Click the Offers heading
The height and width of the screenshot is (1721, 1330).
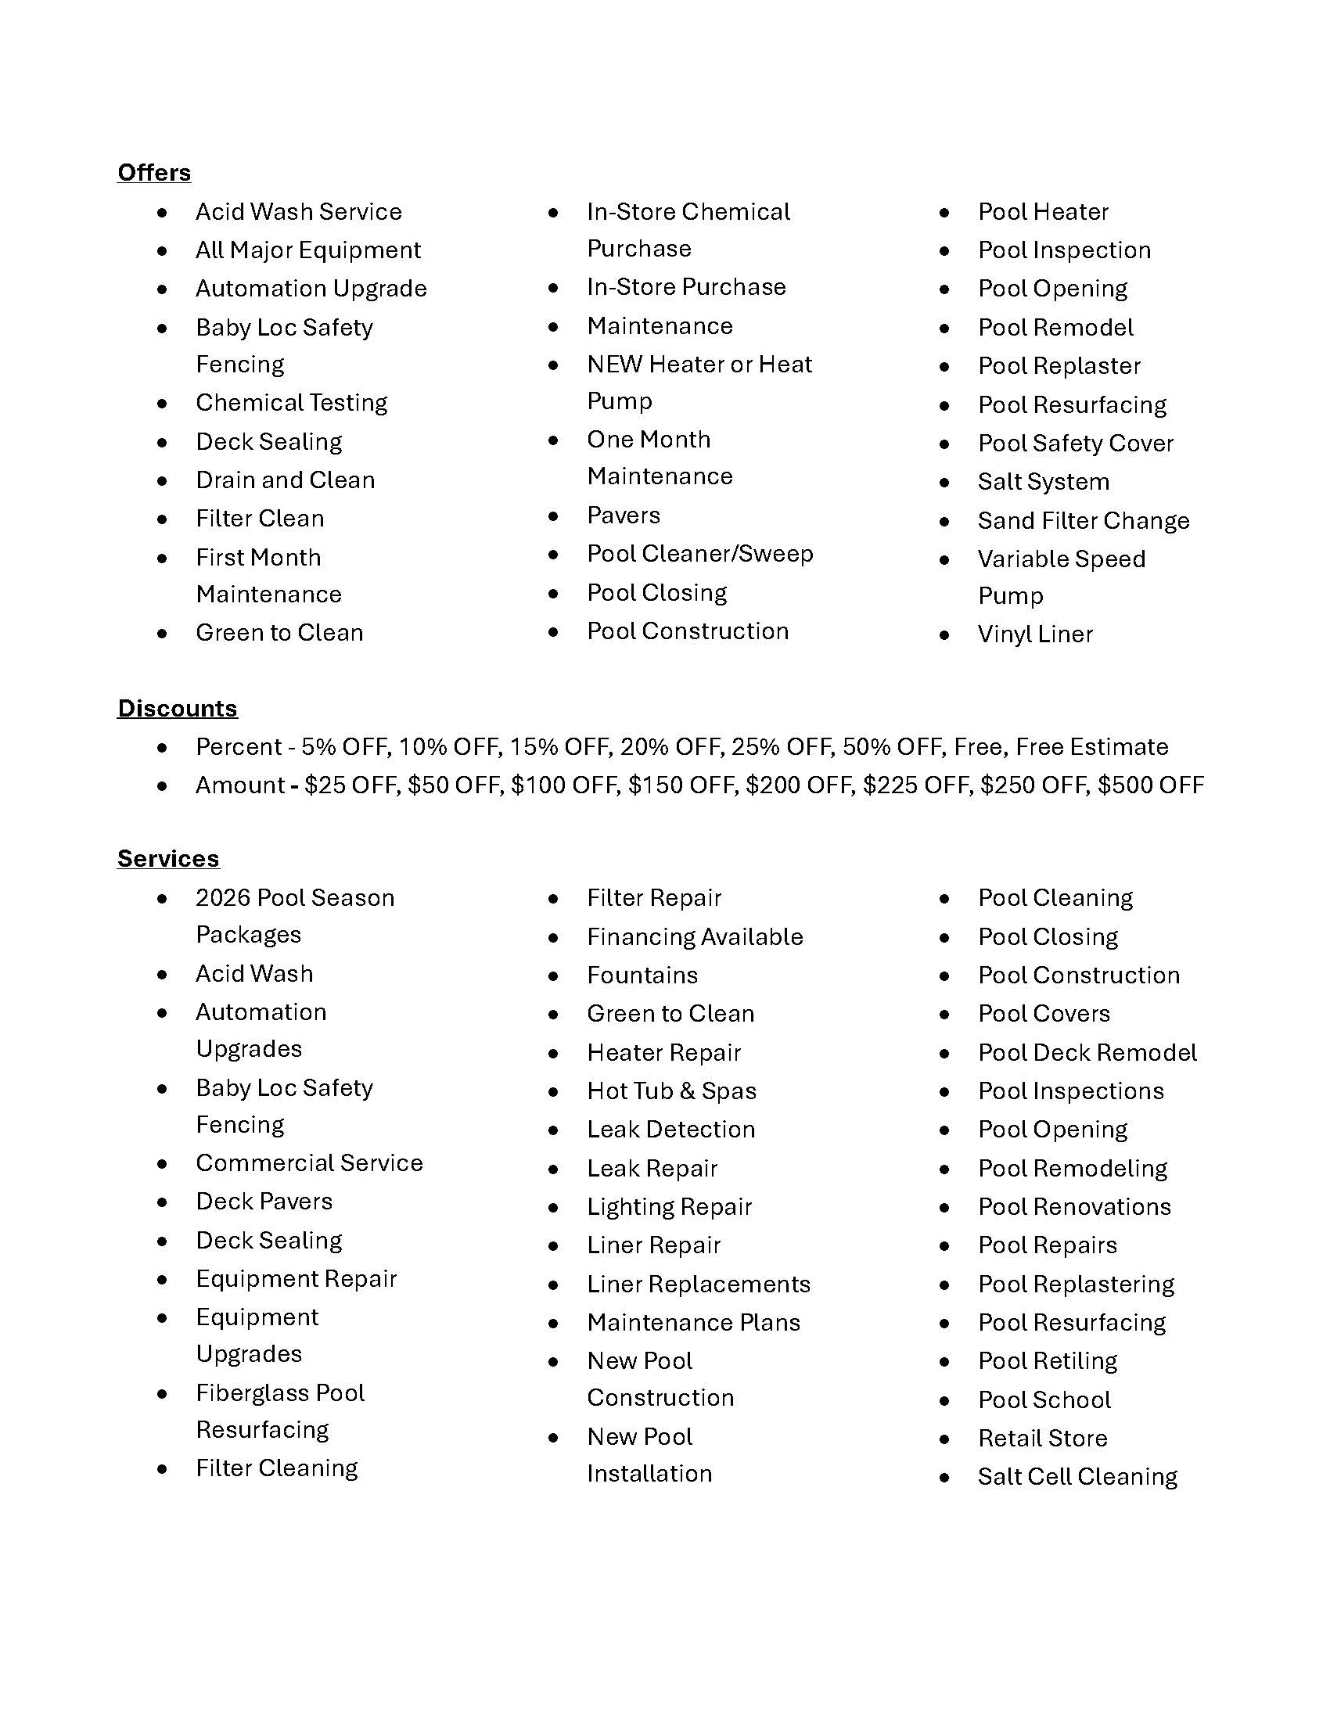(x=153, y=173)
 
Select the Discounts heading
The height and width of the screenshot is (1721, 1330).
(x=178, y=708)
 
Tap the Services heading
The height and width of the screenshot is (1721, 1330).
(x=168, y=858)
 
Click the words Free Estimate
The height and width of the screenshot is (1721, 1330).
(x=1091, y=746)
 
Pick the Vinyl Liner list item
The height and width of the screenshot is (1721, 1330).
(x=1035, y=634)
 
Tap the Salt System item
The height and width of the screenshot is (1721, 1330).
(x=1043, y=481)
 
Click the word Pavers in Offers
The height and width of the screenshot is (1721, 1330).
(x=624, y=516)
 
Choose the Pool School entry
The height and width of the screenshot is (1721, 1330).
(x=1044, y=1399)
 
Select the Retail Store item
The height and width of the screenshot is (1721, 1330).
(x=1042, y=1438)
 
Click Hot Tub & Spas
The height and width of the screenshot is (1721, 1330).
(x=671, y=1090)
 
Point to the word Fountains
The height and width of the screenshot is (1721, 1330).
(x=642, y=975)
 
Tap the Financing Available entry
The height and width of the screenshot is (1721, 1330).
(x=695, y=936)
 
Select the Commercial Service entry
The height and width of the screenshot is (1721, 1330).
(x=309, y=1162)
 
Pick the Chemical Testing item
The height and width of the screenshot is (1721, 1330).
(x=292, y=403)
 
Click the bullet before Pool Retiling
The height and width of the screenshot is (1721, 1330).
(x=945, y=1362)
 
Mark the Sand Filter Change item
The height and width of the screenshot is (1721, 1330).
(x=1084, y=520)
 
